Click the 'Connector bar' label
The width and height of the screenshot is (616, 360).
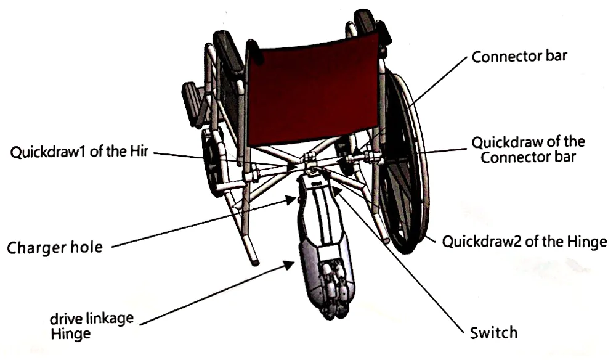519,57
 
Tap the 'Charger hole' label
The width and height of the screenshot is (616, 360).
54,248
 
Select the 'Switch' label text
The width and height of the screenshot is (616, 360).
493,333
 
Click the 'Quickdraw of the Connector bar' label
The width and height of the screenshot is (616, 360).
528,149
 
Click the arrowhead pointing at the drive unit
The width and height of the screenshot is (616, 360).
288,266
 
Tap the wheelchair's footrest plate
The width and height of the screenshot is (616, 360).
192,102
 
